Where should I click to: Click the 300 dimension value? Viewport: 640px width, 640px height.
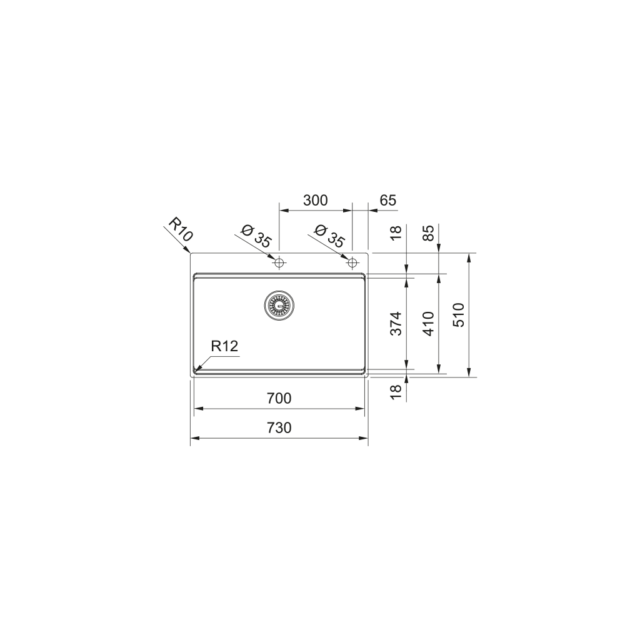coord(315,201)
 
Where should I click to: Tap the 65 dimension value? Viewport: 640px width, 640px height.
coord(388,201)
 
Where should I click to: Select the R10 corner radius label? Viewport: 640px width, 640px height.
coord(181,230)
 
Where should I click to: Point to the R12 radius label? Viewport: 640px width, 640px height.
coord(225,346)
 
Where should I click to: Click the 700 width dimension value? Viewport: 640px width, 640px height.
coord(279,398)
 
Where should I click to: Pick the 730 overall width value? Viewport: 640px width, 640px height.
coord(279,428)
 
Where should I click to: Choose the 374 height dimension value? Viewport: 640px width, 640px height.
coord(396,323)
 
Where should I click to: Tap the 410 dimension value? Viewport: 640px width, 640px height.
coord(428,323)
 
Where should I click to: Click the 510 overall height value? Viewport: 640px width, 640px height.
coord(459,315)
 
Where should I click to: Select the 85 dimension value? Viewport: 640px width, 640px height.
coord(428,232)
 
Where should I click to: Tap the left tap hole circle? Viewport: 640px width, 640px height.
coord(279,261)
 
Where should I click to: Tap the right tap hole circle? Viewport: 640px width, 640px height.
coord(353,261)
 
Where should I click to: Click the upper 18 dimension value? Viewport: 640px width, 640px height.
coord(396,233)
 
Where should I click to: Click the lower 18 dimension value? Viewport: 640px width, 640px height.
coord(396,392)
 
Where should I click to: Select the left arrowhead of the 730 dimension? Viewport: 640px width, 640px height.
coord(192,438)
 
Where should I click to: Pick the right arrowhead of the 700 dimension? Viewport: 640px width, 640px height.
coord(363,408)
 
